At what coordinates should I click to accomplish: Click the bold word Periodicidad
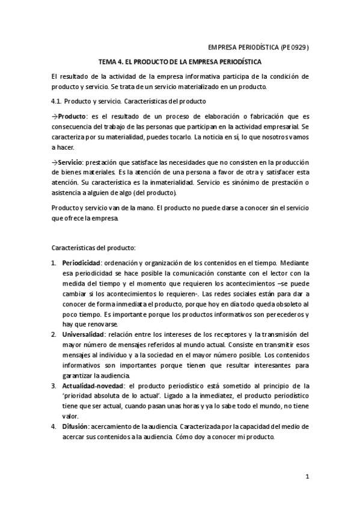pos(81,263)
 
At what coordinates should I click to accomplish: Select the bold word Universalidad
pos(82,334)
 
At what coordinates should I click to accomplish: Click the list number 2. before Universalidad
pos(53,334)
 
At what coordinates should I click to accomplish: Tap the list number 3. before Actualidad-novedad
pos(53,385)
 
